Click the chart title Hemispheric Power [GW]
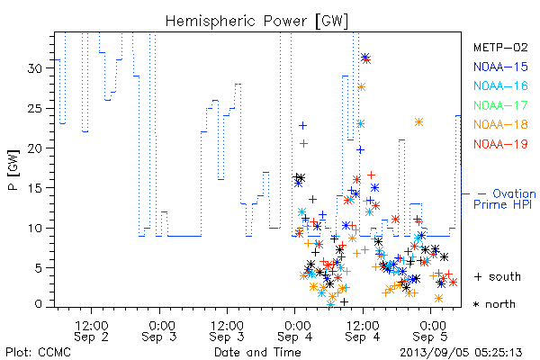[256, 22]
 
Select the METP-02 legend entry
[500, 47]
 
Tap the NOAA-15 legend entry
[500, 67]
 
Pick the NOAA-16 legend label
[500, 85]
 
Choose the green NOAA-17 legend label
[500, 105]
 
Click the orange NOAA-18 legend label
[500, 124]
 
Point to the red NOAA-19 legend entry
[500, 144]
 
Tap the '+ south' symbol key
[498, 276]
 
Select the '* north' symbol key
[494, 304]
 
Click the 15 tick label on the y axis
[35, 188]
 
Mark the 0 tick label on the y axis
[38, 304]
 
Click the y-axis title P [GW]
[13, 170]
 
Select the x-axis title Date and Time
[257, 352]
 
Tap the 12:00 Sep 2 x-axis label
[92, 331]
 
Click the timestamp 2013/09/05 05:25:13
[461, 353]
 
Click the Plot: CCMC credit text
[38, 353]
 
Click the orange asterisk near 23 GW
[418, 122]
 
